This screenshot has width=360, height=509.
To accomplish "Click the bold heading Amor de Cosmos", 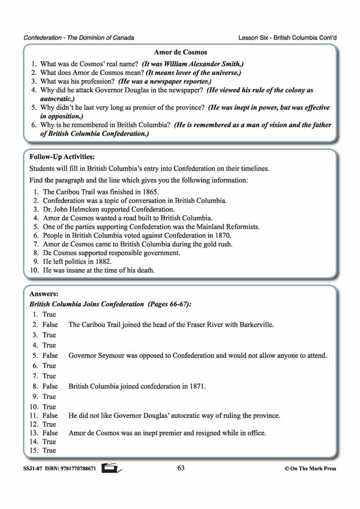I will [179, 53].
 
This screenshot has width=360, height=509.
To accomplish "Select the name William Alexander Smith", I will [195, 64].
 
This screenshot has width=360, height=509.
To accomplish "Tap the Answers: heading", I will [44, 295].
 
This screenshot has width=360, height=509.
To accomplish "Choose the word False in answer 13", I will [50, 433].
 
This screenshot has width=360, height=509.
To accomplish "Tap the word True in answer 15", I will [49, 450].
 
